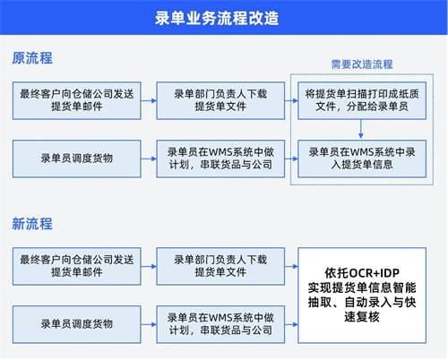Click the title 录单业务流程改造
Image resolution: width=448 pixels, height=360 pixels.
[217, 18]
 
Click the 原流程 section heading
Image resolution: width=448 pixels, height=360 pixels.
[32, 58]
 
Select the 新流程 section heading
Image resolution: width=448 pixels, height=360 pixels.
[32, 224]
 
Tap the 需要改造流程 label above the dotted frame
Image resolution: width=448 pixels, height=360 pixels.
[362, 64]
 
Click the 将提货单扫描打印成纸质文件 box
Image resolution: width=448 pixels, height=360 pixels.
[362, 100]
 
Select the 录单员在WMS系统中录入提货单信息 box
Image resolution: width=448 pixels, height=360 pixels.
[362, 159]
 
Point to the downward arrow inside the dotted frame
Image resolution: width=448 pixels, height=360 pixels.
[361, 129]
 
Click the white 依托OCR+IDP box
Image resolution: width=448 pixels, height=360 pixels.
[362, 296]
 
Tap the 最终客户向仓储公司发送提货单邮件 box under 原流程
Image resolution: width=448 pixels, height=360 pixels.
[77, 100]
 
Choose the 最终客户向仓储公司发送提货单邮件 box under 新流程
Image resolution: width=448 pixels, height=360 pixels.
[77, 266]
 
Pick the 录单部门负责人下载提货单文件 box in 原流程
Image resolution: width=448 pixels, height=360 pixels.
[220, 100]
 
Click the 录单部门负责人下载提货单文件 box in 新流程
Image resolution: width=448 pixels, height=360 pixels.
[220, 266]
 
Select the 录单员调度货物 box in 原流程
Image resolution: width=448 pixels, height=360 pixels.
[77, 159]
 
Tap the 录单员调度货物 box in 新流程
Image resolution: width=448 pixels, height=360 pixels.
[77, 324]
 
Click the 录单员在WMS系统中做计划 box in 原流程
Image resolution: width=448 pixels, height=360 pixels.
[220, 159]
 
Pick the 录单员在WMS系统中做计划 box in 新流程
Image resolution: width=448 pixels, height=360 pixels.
[220, 324]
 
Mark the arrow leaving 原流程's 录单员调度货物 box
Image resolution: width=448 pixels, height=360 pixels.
[149, 159]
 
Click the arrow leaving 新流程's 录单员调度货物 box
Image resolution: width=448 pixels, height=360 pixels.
[149, 324]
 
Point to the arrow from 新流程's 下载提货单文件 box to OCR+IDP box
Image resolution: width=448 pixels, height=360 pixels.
[291, 266]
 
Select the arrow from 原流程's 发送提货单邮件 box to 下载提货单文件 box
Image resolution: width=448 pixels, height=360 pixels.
[149, 100]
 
